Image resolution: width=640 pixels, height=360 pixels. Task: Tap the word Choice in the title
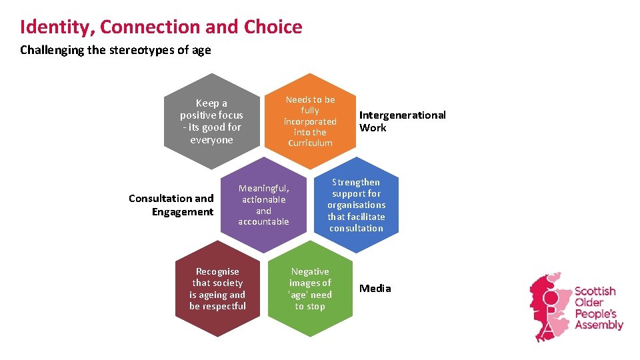coord(273,27)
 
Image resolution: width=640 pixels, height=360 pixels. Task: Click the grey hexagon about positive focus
coord(211,121)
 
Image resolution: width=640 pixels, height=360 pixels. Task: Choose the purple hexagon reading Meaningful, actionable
coord(263,205)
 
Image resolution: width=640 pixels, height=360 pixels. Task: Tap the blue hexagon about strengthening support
coord(357,205)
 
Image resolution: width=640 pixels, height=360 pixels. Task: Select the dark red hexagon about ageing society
coord(217,289)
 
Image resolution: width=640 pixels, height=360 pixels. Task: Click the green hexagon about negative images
coord(310,289)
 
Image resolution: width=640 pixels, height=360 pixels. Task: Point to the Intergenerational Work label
coord(402,121)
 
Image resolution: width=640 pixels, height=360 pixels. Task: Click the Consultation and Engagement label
coord(171,205)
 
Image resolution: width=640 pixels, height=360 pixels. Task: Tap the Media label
coord(375,289)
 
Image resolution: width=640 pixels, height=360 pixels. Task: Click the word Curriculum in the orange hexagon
coord(310,143)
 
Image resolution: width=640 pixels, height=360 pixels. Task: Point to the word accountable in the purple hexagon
coord(263,221)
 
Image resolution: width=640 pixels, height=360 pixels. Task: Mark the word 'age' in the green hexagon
coord(298,295)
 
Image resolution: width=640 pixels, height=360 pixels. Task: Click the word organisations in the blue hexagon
coord(357,205)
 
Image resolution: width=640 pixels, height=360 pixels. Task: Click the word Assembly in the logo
coord(599,325)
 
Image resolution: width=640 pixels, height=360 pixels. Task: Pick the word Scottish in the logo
coord(595,291)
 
